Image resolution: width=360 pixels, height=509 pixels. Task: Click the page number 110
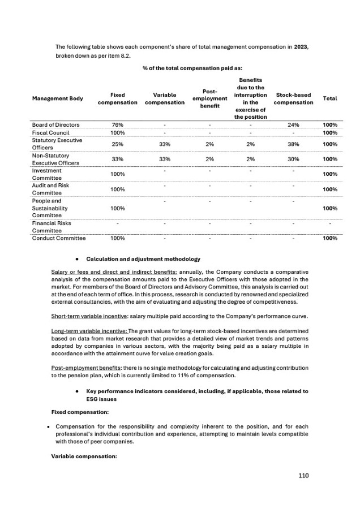click(304, 476)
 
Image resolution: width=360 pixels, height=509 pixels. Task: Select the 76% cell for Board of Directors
click(118, 124)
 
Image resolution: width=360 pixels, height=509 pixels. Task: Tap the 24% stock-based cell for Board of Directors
click(293, 124)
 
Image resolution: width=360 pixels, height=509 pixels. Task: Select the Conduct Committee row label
click(59, 238)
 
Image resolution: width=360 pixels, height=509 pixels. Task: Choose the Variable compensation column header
click(165, 98)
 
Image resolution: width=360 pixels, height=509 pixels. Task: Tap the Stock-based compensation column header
click(293, 98)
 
